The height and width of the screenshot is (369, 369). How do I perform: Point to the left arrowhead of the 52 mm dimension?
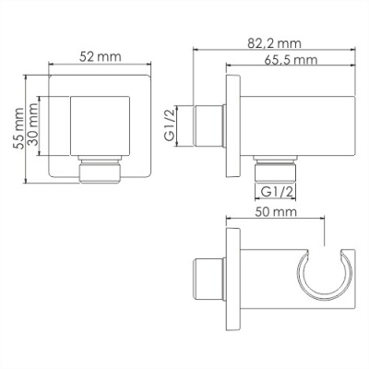50,66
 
